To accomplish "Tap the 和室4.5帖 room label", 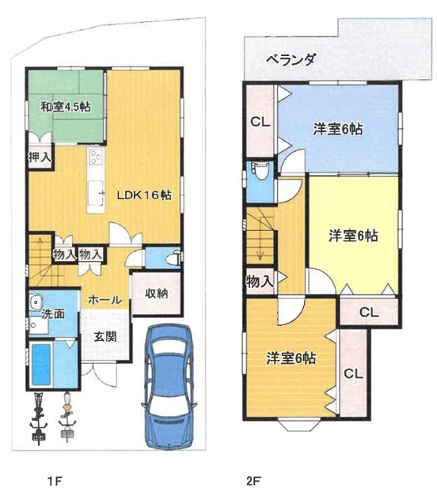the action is tap(66, 107).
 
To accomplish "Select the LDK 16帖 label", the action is tap(144, 195).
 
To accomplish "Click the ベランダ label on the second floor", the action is tap(291, 59).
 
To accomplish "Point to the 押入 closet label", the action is tap(40, 157).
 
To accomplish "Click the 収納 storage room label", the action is tap(157, 293).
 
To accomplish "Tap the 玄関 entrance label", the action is tap(105, 337).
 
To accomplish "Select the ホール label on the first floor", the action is tap(105, 300).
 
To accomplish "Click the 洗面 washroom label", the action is tap(53, 314).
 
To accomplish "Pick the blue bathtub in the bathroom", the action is tap(41, 365).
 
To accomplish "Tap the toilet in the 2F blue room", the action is tap(261, 172).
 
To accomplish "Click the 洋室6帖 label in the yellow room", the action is tap(353, 236).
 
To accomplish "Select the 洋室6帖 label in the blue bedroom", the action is tap(338, 130).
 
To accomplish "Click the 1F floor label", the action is tap(54, 482).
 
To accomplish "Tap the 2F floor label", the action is tap(253, 482).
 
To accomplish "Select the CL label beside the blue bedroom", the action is tap(260, 122).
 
